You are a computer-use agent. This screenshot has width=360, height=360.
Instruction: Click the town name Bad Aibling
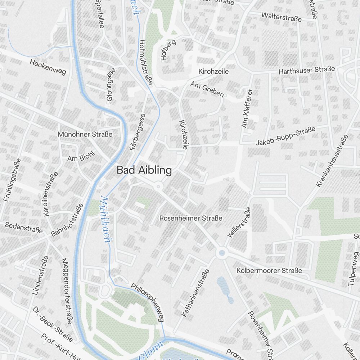coord(144,170)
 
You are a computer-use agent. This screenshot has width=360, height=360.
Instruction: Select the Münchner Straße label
coord(85,134)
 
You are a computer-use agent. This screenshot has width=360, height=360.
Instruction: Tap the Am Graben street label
coord(207,89)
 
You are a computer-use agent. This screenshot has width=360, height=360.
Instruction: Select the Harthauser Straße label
coord(307,70)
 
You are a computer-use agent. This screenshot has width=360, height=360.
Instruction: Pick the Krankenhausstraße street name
coord(332,161)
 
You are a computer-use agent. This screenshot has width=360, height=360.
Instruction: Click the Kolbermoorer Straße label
coord(269,270)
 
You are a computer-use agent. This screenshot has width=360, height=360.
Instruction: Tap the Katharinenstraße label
coord(195,293)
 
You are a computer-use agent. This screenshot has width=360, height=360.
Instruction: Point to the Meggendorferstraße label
coord(67,291)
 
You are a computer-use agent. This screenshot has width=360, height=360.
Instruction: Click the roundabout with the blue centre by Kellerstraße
coord(222,253)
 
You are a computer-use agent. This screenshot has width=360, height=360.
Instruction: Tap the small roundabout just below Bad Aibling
coord(158,186)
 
